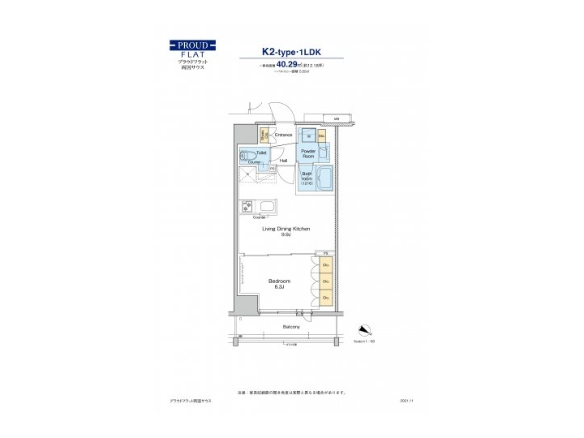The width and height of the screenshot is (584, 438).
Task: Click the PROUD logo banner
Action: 192,45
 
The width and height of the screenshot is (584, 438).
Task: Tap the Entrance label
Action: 283,135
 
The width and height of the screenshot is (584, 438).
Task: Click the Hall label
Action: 283,161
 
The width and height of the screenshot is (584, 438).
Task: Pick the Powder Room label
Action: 308,154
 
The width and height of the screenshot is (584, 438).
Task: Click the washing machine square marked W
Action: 308,136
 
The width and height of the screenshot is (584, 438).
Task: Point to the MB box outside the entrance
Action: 336,118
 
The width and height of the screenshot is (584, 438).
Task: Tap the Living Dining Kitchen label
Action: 286,230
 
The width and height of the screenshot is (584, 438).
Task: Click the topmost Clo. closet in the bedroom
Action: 325,265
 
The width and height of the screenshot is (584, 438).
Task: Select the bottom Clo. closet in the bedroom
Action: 325,298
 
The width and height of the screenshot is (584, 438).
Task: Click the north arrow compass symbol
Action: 364,329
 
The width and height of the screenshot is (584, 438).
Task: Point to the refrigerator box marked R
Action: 243,173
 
